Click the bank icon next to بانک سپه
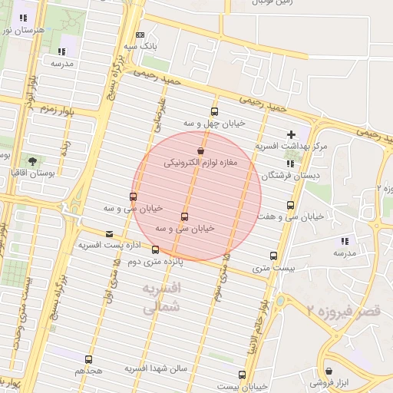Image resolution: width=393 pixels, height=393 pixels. (140, 35)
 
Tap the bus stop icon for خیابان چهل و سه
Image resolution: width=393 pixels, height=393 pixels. (214, 111)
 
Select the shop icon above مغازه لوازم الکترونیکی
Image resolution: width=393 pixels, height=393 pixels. (200, 151)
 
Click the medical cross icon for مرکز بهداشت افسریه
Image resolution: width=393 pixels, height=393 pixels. (291, 135)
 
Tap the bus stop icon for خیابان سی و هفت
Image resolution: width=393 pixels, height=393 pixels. (290, 205)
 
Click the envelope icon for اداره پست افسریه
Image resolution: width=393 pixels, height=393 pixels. (108, 234)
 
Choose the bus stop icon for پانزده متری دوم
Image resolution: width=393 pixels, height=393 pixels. (156, 249)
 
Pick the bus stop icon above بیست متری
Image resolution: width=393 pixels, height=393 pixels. (273, 256)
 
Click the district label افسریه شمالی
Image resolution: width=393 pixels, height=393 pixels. (162, 299)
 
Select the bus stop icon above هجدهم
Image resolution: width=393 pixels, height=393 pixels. (89, 358)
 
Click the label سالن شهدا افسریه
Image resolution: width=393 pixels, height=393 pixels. (157, 369)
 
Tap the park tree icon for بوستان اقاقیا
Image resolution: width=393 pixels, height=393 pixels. (32, 160)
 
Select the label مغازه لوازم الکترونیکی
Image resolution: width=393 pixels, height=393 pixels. (201, 163)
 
